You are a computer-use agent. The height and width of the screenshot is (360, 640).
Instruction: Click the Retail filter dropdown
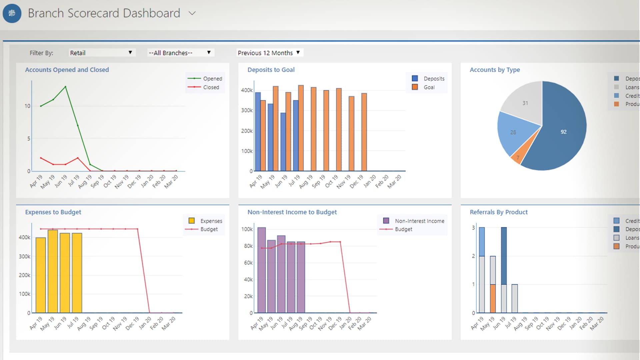tap(101, 53)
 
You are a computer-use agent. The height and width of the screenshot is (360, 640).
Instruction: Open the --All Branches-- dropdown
tap(180, 53)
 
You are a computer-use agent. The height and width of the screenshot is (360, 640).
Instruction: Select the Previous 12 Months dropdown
tap(269, 53)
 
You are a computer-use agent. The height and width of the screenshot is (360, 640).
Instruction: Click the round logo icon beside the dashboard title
tap(12, 13)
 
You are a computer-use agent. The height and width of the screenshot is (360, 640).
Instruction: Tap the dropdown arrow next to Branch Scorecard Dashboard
tap(192, 13)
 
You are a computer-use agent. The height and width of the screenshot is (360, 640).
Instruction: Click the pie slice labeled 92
tap(563, 132)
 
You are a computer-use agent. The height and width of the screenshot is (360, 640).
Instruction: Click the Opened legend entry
tap(205, 79)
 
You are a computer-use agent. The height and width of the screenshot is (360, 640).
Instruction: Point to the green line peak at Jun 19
tap(65, 87)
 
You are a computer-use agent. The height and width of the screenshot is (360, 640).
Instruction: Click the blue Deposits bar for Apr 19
tap(258, 132)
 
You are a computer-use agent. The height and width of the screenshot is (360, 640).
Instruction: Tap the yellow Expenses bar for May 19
tap(53, 271)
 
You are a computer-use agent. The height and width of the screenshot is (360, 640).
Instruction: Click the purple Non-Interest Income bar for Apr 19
tap(262, 270)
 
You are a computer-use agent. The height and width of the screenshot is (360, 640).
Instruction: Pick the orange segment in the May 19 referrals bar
tap(493, 298)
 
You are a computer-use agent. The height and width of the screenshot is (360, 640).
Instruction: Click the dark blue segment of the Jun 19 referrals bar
tap(504, 256)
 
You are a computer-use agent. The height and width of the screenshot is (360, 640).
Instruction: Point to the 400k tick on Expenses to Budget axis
tap(24, 237)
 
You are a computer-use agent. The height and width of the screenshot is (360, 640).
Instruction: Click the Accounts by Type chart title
tap(495, 70)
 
